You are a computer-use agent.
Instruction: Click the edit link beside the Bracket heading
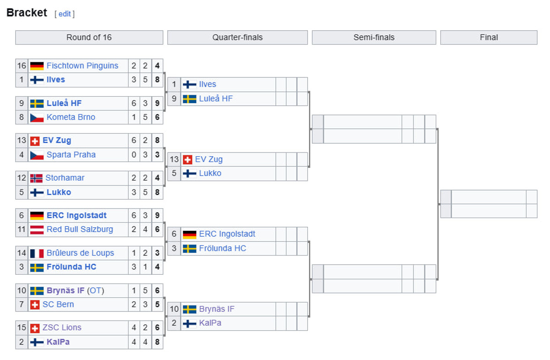(x=64, y=14)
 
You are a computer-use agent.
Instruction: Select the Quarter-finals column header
(x=237, y=38)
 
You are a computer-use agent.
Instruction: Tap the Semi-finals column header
(x=374, y=38)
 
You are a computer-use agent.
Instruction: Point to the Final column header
(x=489, y=38)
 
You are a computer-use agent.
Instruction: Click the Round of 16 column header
(x=89, y=38)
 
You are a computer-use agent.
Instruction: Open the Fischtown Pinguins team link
(x=82, y=66)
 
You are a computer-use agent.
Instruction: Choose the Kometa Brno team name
(x=71, y=117)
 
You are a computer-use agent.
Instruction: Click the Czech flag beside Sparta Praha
(x=37, y=155)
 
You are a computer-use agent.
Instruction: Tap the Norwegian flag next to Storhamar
(x=36, y=178)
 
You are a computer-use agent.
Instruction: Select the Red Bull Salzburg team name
(x=79, y=229)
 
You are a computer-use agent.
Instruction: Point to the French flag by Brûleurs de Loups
(x=37, y=253)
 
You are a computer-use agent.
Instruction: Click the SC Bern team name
(x=58, y=305)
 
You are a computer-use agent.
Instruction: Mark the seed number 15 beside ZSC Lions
(x=22, y=328)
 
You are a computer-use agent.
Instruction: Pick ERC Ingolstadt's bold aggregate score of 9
(x=157, y=216)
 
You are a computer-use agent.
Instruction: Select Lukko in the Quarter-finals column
(x=210, y=174)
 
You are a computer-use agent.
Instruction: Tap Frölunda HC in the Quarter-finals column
(x=222, y=249)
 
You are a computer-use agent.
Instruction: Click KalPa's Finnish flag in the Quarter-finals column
(x=189, y=323)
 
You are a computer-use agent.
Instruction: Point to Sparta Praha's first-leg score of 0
(x=134, y=155)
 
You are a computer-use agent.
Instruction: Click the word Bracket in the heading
(x=27, y=13)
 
